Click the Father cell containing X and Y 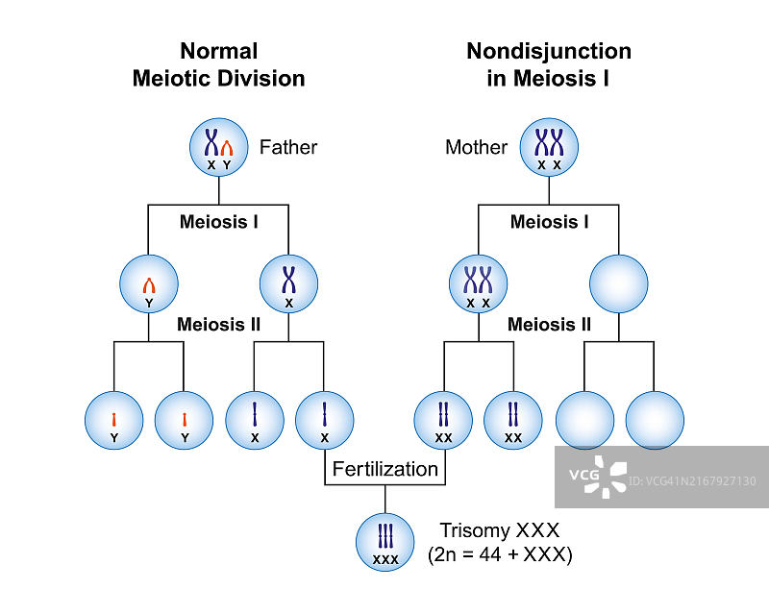[x=218, y=147]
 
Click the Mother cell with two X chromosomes [x=549, y=147]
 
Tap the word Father [x=287, y=147]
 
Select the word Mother [x=476, y=147]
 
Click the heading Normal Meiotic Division [x=218, y=64]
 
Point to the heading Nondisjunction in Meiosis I [x=549, y=64]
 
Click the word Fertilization [x=384, y=470]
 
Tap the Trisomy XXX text [x=499, y=530]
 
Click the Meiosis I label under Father [x=218, y=222]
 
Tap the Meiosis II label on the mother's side [x=549, y=325]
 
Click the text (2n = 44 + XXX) [x=499, y=554]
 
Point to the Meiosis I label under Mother [x=549, y=222]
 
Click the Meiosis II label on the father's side [x=218, y=325]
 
